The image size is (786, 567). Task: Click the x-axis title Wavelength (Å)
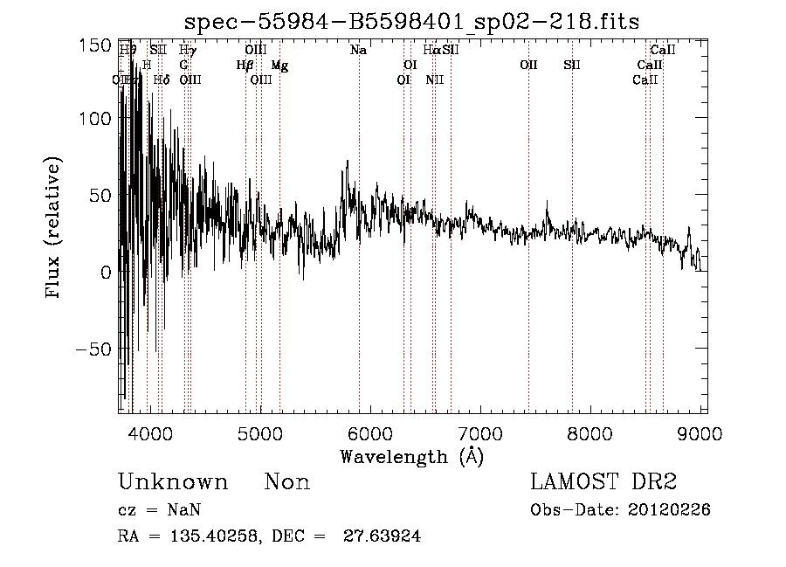pyautogui.click(x=411, y=455)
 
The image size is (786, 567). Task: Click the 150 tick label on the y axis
pyautogui.click(x=95, y=43)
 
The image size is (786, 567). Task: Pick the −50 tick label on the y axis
pyautogui.click(x=92, y=349)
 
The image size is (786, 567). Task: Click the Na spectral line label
pyautogui.click(x=358, y=51)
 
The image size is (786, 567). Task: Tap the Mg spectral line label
pyautogui.click(x=279, y=66)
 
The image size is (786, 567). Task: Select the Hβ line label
pyautogui.click(x=245, y=66)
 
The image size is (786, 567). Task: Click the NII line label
pyautogui.click(x=435, y=80)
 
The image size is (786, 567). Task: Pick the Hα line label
pyautogui.click(x=431, y=51)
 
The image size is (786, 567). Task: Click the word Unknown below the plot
pyautogui.click(x=173, y=482)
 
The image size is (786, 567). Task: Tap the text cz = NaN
pyautogui.click(x=162, y=510)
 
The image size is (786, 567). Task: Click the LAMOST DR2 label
pyautogui.click(x=603, y=481)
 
